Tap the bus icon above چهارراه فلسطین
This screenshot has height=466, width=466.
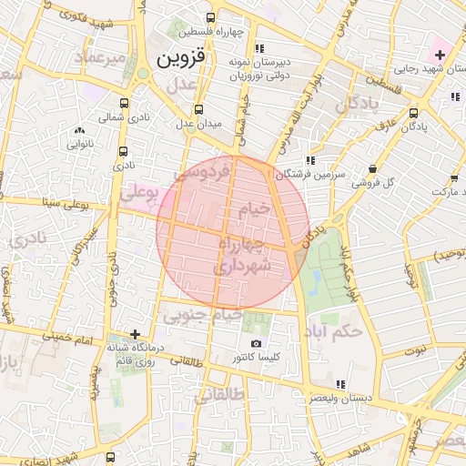(x=211, y=17)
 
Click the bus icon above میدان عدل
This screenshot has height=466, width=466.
(x=199, y=109)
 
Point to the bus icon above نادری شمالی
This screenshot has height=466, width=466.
(x=125, y=103)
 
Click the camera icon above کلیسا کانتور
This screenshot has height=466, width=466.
(x=257, y=344)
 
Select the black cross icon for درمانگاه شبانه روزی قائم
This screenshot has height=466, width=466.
(x=136, y=334)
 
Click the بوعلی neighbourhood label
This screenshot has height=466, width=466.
(x=138, y=194)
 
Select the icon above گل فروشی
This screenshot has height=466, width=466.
(x=374, y=168)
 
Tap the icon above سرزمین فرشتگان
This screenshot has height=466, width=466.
(x=310, y=159)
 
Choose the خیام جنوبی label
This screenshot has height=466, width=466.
(x=202, y=315)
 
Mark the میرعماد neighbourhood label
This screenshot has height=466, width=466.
(x=101, y=59)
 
